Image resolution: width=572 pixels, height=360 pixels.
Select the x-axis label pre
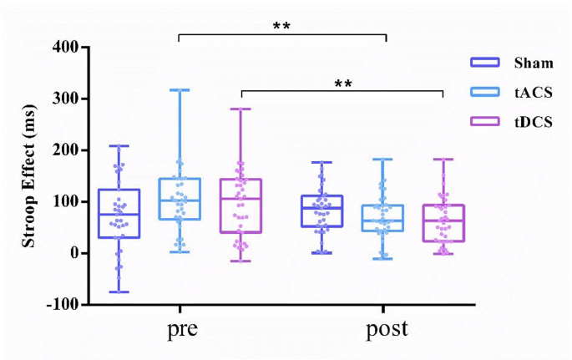click(x=182, y=329)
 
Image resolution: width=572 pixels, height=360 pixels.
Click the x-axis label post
click(x=387, y=329)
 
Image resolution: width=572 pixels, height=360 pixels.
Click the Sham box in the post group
click(x=322, y=210)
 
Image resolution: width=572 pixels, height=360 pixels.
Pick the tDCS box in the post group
click(x=443, y=223)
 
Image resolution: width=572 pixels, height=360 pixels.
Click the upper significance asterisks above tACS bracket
click(x=281, y=26)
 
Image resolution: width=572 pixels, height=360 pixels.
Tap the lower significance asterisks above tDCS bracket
click(x=342, y=84)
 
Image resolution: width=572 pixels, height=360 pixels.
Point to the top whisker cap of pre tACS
click(x=180, y=89)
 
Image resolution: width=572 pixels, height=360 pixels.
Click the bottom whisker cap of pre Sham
click(x=119, y=292)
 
